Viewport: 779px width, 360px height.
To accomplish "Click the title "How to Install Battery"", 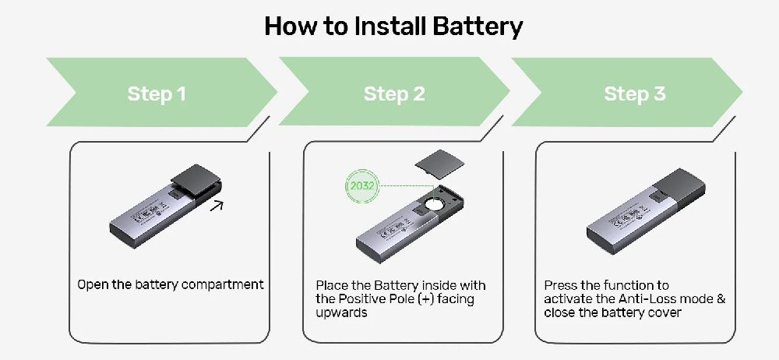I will click(x=393, y=26).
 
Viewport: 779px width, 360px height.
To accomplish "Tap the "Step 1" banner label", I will click(x=157, y=94).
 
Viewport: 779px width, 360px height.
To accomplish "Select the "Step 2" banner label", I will click(x=394, y=94).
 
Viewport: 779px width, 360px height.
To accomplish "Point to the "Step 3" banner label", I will click(x=635, y=94).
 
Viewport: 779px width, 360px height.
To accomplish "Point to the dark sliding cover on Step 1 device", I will click(x=194, y=180).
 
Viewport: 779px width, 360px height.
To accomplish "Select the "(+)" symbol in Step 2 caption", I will click(x=423, y=298).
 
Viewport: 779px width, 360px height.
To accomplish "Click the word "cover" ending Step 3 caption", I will click(x=664, y=312).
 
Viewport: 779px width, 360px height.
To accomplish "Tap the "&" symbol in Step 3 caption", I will click(x=719, y=299).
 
